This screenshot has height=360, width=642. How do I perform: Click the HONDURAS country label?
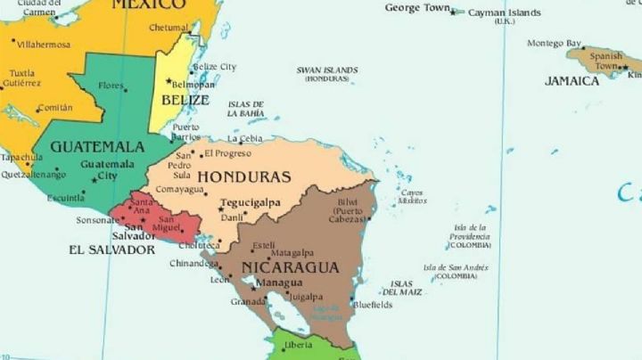[243, 176]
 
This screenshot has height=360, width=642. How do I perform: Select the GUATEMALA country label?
[97, 146]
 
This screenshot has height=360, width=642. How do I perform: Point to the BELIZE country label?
[185, 100]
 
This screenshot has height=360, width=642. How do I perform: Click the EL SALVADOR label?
[111, 250]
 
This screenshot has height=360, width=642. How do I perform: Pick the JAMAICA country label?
[572, 81]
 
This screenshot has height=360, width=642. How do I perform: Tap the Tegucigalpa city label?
[250, 202]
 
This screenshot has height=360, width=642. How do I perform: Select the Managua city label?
[278, 283]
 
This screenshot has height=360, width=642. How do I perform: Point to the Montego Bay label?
[554, 43]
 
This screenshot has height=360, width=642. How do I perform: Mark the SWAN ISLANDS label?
[327, 70]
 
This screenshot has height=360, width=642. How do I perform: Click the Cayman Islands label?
[504, 12]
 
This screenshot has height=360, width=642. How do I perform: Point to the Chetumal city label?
[169, 28]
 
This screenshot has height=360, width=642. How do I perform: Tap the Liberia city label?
[298, 344]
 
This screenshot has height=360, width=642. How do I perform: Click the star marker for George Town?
[453, 12]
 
